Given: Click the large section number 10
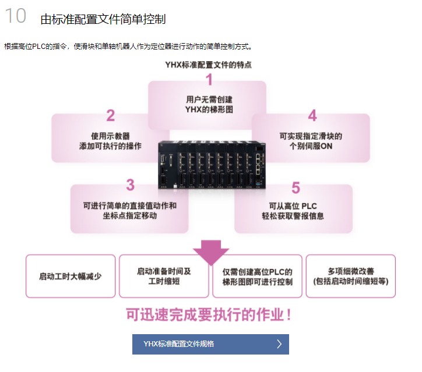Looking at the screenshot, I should (16, 16).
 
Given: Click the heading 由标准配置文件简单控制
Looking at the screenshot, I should (103, 19).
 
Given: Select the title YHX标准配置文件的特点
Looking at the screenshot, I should (209, 65).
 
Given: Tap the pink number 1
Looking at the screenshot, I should (209, 80).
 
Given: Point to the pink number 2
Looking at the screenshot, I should (110, 115).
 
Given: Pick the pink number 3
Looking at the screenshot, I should (130, 185).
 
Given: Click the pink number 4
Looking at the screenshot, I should (312, 115).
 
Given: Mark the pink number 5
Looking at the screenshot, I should (296, 187).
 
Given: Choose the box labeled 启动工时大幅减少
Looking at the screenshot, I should (70, 276).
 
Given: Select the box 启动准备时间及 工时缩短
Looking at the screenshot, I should (164, 276).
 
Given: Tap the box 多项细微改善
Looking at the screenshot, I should (350, 276).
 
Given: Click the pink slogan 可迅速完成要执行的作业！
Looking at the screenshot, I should (209, 315).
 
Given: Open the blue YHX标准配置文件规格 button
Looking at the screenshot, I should (210, 344).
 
